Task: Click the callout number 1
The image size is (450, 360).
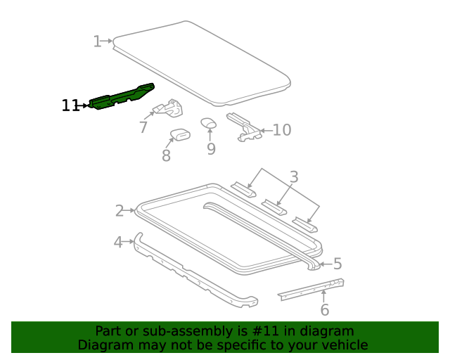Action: click(97, 41)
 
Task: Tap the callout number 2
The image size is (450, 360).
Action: click(120, 210)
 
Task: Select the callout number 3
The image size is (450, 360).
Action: click(294, 176)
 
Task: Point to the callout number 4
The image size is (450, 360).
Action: click(118, 243)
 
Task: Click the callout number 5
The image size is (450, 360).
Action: click(337, 264)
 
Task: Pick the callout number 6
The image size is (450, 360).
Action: click(324, 310)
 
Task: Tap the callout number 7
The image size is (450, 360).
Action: click(143, 127)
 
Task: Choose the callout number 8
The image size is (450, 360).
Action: click(166, 155)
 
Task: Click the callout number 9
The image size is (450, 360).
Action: click(211, 148)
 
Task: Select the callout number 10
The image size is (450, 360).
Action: click(281, 130)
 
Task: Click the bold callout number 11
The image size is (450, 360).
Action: click(70, 105)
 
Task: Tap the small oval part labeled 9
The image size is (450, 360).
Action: click(209, 123)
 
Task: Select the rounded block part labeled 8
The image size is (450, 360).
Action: click(181, 134)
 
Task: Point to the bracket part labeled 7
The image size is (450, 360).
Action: click(169, 109)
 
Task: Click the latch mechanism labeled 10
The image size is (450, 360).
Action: click(243, 126)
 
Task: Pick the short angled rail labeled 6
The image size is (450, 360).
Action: click(311, 289)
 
